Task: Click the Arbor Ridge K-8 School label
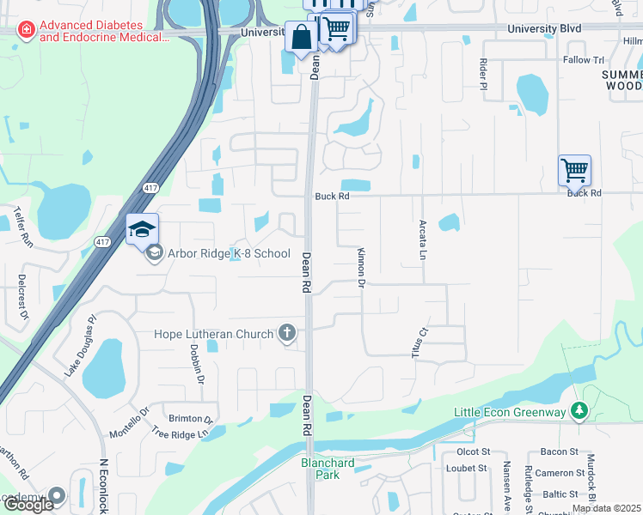(x=229, y=253)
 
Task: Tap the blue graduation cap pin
(x=142, y=229)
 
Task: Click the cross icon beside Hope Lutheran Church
(x=287, y=333)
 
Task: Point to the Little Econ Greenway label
(x=511, y=413)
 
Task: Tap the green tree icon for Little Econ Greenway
(x=580, y=413)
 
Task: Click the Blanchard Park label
(x=328, y=469)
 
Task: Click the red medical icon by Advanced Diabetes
(x=27, y=31)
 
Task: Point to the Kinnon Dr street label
(x=362, y=267)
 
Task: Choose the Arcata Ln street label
(x=422, y=239)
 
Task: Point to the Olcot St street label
(x=473, y=451)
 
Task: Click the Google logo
(x=28, y=505)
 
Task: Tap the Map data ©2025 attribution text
(x=606, y=508)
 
